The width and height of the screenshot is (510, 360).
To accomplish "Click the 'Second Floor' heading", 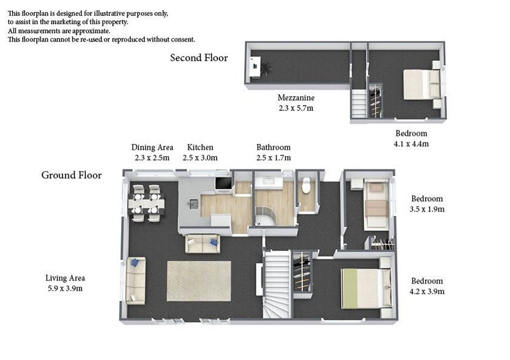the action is (x=199, y=58).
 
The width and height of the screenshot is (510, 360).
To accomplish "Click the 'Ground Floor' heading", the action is (x=71, y=175).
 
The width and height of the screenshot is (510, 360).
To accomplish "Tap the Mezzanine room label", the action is (x=296, y=97).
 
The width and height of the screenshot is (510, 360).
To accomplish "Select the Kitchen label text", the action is (x=200, y=147).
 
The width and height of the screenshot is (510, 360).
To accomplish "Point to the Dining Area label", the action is (x=152, y=148).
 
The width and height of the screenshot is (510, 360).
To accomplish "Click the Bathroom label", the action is (x=273, y=147).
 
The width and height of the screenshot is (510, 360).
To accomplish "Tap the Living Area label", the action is (x=65, y=278).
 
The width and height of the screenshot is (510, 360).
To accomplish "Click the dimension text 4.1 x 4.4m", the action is (x=411, y=144).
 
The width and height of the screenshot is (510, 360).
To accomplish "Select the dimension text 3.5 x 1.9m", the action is (x=426, y=209).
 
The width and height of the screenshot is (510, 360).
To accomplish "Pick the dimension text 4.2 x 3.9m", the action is (x=426, y=291).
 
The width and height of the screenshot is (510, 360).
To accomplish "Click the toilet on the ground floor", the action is (x=307, y=185).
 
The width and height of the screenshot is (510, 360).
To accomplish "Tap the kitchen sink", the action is (x=194, y=204).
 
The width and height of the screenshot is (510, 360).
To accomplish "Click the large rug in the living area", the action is (x=199, y=281).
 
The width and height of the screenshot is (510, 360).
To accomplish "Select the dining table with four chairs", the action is (x=146, y=204).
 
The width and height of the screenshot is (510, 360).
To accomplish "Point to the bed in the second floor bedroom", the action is (x=423, y=84).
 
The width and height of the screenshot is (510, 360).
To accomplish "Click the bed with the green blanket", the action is (x=366, y=288).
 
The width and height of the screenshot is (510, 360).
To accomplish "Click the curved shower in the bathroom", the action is (x=265, y=216).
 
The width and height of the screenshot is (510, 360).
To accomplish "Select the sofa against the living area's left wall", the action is (x=136, y=280).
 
